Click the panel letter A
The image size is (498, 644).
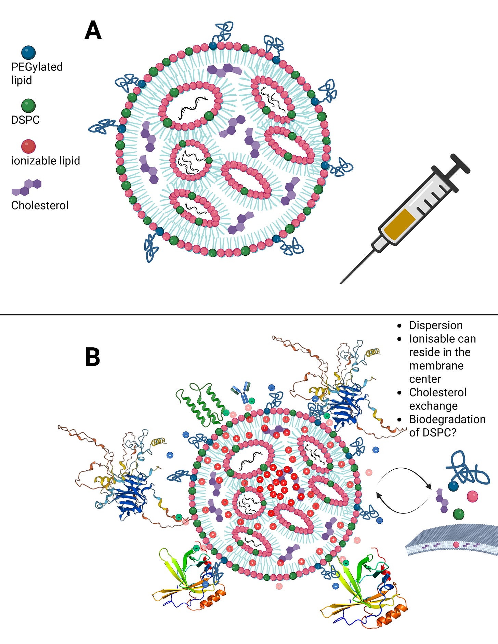[93, 31]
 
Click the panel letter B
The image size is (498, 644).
[92, 357]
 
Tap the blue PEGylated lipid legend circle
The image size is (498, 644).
[28, 53]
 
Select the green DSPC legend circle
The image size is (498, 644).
[28, 106]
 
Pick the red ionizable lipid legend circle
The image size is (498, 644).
[28, 146]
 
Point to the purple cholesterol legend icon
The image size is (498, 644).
[27, 187]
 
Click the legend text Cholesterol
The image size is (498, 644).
[40, 205]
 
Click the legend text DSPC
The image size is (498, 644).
[25, 120]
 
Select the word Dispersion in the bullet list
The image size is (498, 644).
[436, 325]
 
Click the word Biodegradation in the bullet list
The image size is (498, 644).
[447, 419]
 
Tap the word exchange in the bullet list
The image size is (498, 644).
[433, 406]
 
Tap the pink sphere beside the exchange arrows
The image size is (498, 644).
[472, 496]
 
